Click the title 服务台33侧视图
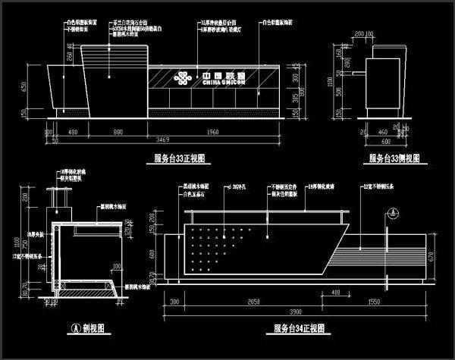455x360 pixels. pyautogui.click(x=394, y=158)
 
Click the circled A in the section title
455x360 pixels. pyautogui.click(x=75, y=328)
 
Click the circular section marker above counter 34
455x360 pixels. pyautogui.click(x=390, y=213)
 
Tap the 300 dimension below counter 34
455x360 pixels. pyautogui.click(x=174, y=301)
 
